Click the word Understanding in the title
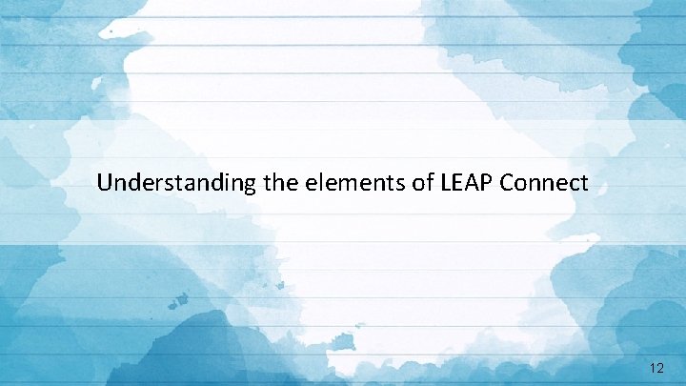pyautogui.click(x=176, y=182)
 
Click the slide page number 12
pyautogui.click(x=655, y=366)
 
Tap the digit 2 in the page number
pyautogui.click(x=659, y=366)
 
